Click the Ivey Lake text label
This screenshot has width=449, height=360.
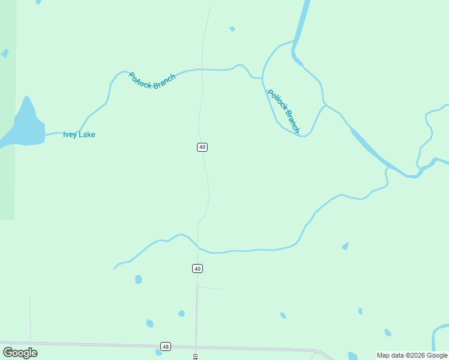pos(79,134)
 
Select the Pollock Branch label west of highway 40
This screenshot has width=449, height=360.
pos(152,81)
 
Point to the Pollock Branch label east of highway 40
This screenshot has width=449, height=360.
pos(283,111)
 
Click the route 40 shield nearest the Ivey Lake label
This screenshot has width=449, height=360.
pos(202,147)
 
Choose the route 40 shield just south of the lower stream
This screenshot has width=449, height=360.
pos(197,268)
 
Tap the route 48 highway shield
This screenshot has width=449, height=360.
pos(166,346)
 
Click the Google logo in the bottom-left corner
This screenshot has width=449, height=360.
pos(20,353)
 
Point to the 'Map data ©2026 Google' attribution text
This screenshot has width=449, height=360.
pos(412,355)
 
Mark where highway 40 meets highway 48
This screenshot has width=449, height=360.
pos(196,347)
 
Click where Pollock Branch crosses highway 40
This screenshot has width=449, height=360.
pos(202,70)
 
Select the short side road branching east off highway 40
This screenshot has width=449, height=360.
pos(211,288)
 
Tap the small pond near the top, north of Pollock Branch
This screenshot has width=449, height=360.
pos(232,29)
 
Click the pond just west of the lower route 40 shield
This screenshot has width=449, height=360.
pos(139,279)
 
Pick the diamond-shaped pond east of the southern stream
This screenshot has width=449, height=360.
pos(345,245)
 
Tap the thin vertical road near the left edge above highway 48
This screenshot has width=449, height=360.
pos(29,318)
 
